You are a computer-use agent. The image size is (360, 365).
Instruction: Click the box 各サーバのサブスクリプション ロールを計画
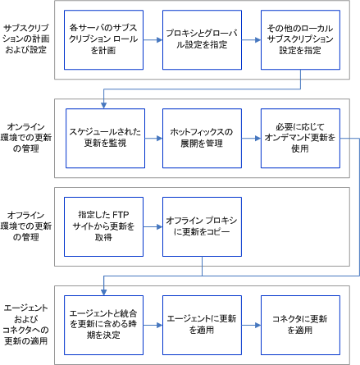pos(103,39)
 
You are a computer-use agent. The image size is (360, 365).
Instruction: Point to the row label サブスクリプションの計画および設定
pos(25,39)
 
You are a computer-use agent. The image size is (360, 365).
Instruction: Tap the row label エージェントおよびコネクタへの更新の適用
pos(25,317)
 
